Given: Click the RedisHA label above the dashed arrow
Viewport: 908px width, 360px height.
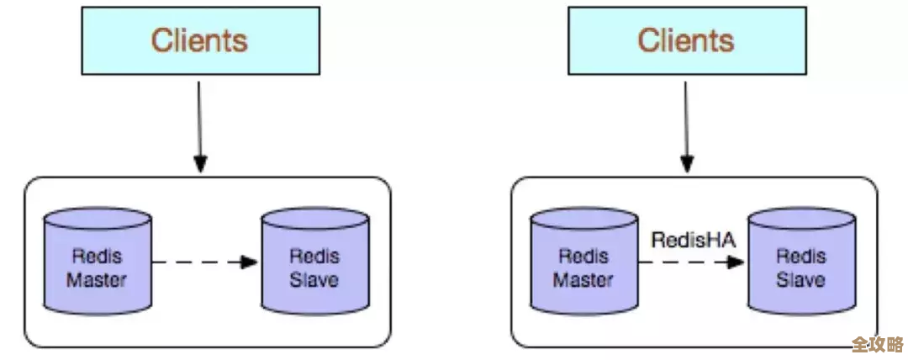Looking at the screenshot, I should pyautogui.click(x=694, y=241).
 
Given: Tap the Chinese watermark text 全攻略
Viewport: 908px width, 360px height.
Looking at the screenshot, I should pyautogui.click(x=877, y=344).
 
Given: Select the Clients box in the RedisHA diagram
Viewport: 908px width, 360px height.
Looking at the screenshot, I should pyautogui.click(x=686, y=40).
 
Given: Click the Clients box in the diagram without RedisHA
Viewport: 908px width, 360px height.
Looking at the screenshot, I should pyautogui.click(x=199, y=40).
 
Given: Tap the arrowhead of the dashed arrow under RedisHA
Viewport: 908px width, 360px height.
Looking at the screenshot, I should pyautogui.click(x=736, y=262).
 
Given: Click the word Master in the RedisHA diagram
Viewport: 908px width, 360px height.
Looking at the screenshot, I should pyautogui.click(x=583, y=279).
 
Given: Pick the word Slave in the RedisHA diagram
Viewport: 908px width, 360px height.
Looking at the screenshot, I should pyautogui.click(x=800, y=279).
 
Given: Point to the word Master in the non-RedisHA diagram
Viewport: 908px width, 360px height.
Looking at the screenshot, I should pyautogui.click(x=97, y=279).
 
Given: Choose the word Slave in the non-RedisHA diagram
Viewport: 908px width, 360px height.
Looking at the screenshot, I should pyautogui.click(x=314, y=279).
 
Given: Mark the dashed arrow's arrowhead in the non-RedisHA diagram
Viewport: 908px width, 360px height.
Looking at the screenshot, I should pyautogui.click(x=248, y=262).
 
